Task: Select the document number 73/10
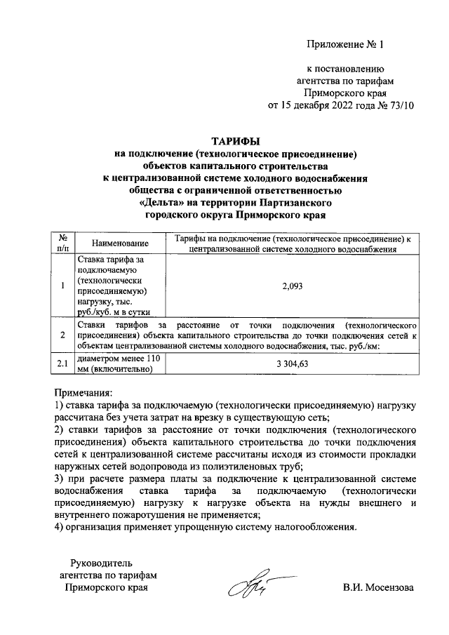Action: coord(398,106)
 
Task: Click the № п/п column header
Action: coord(62,243)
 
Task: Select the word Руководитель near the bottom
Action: coord(102,562)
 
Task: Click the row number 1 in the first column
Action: coord(62,286)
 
